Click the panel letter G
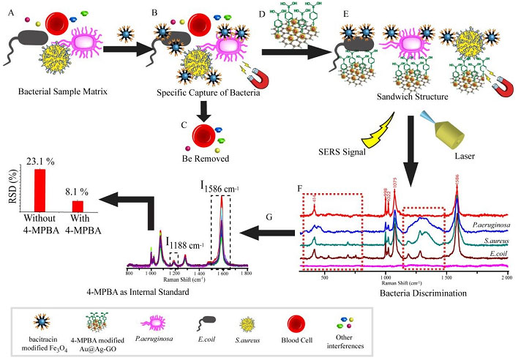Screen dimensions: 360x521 [269, 218]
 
